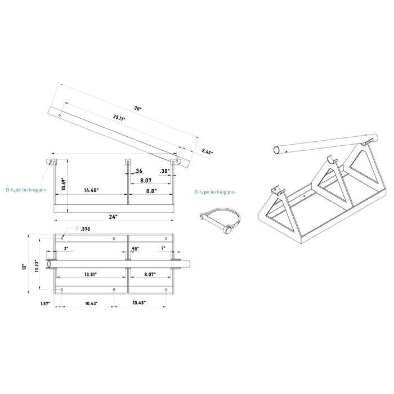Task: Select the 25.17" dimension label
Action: pos(119,118)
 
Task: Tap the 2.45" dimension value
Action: pos(207,151)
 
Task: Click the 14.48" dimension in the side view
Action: pos(91,191)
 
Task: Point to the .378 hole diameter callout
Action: pos(84,229)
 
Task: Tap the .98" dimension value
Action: pos(135,248)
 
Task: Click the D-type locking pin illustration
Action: pos(220,220)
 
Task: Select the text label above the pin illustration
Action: pos(214,192)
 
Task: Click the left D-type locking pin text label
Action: pos(26,191)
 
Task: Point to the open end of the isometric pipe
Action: pos(277,150)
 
